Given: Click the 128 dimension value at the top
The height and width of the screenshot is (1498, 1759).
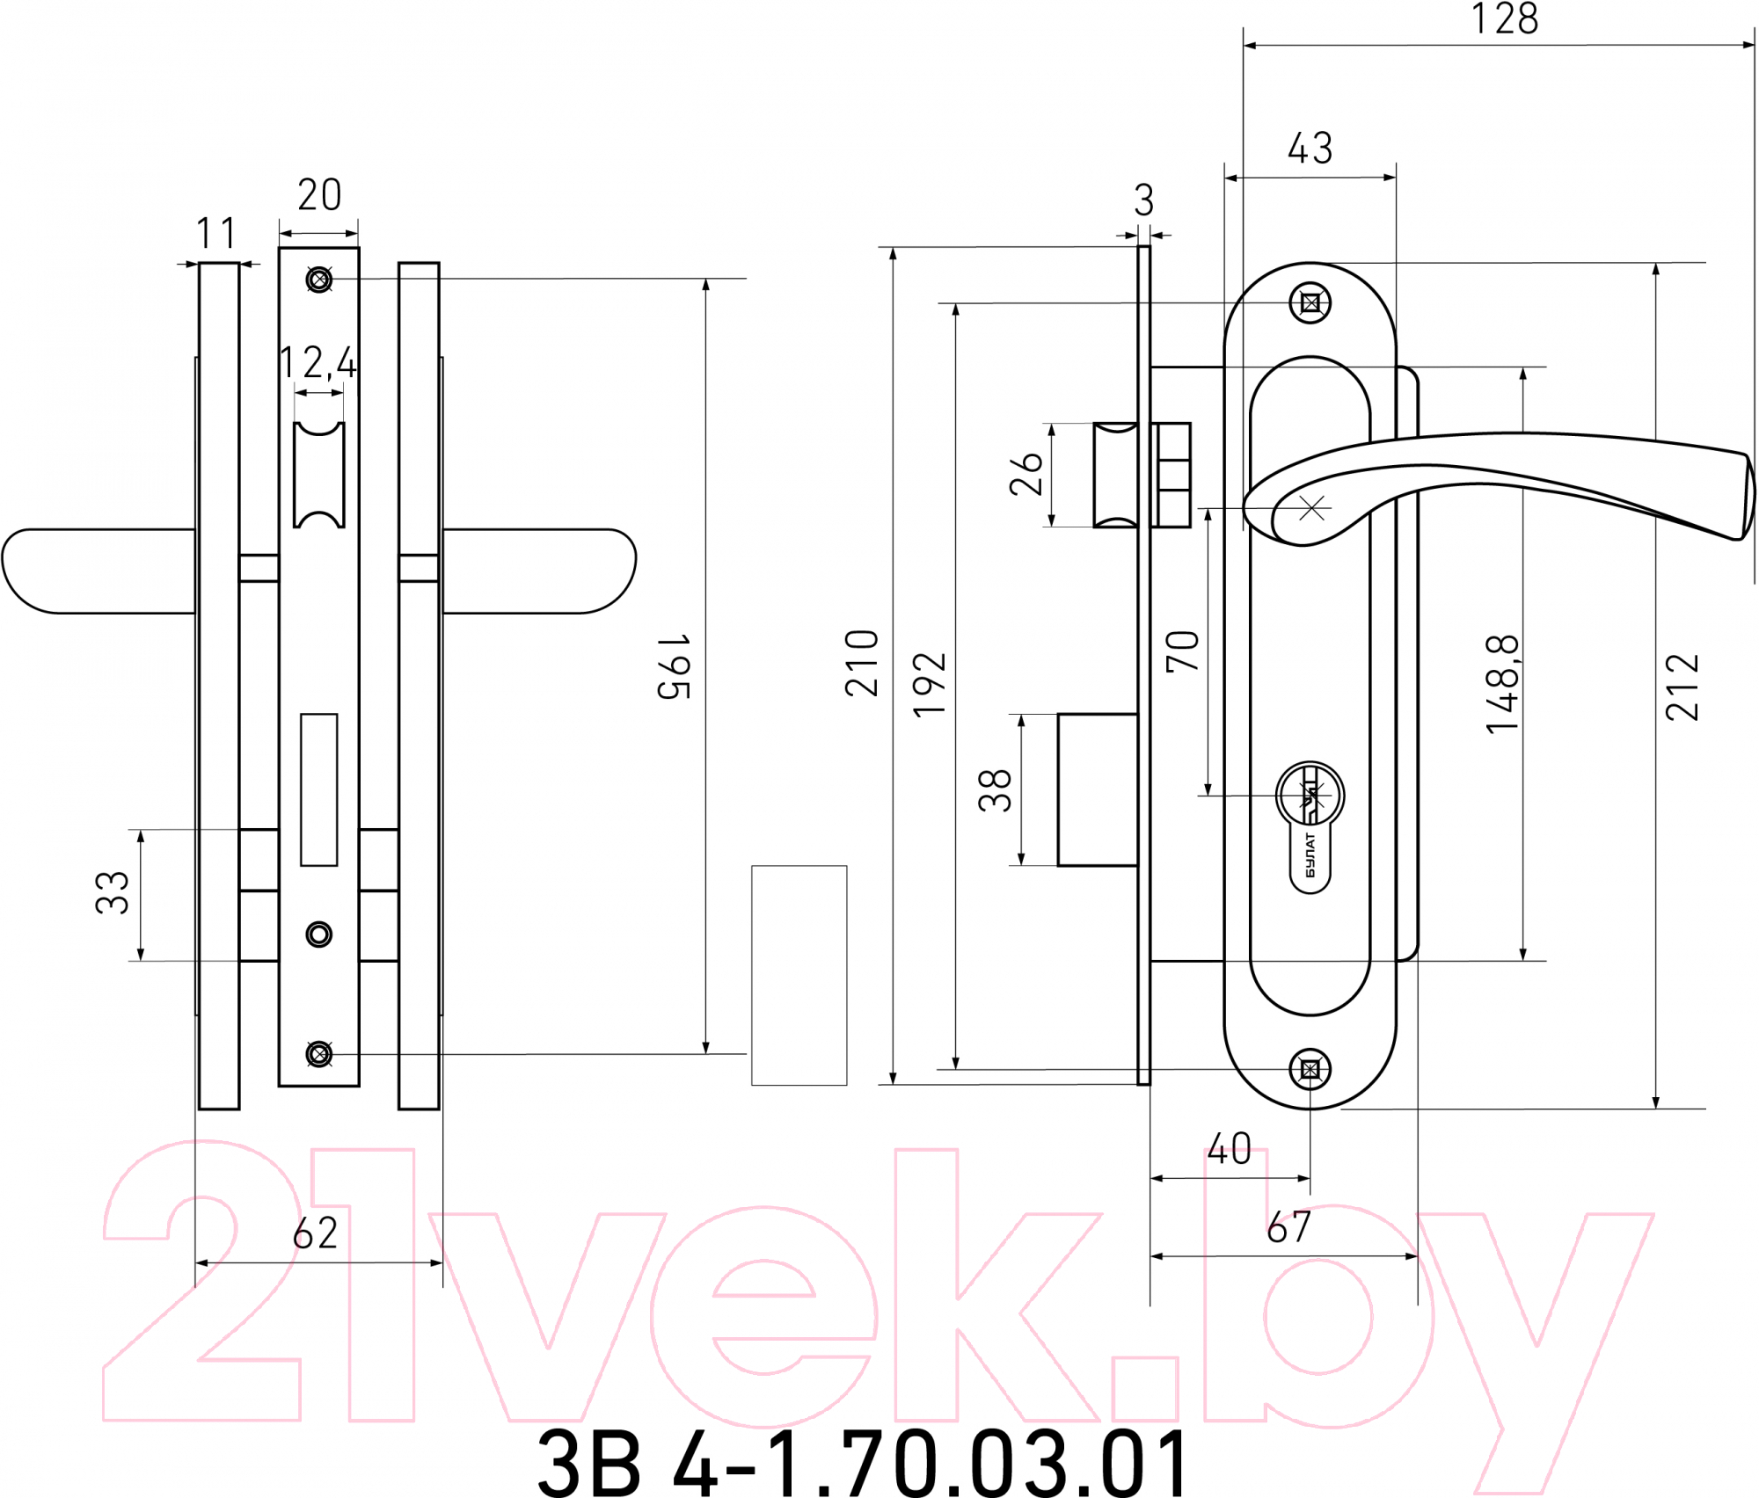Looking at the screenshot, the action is click(1505, 19).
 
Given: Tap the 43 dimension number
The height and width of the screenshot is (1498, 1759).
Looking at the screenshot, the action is click(1310, 149).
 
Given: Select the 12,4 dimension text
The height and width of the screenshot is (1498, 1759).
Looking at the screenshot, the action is click(317, 362).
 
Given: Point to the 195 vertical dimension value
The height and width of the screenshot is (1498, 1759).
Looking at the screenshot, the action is click(674, 665).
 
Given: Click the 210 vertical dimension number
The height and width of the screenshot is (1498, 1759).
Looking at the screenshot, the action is click(862, 664).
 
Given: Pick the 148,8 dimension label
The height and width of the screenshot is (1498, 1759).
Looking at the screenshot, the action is click(1502, 684).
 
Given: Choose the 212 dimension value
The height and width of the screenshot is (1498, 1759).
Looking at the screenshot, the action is click(1682, 687).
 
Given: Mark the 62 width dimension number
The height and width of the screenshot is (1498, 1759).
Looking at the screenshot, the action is click(315, 1233).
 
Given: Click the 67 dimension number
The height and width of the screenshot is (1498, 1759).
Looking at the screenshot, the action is click(1288, 1227).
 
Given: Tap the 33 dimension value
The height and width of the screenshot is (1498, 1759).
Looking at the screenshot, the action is click(112, 893).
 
